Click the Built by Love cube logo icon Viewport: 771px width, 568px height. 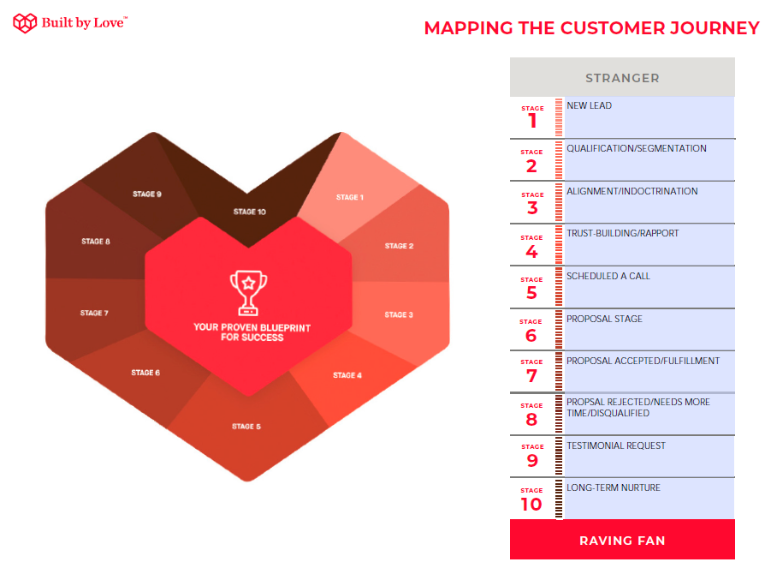[25, 22]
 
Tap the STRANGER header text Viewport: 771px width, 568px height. [622, 78]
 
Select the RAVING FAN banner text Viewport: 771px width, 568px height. [622, 541]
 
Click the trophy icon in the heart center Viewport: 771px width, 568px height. [249, 292]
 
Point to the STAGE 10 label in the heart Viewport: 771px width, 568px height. [249, 212]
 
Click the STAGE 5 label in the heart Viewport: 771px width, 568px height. [246, 427]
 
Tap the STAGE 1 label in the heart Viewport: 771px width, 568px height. [350, 197]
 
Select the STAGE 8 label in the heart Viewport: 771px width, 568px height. [95, 242]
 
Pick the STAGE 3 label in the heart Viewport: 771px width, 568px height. [399, 314]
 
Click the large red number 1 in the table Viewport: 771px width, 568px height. [532, 121]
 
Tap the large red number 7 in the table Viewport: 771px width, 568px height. [531, 376]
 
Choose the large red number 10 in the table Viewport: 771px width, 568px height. [531, 504]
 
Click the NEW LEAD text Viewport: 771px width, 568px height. [589, 105]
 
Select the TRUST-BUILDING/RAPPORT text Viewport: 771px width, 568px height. [622, 233]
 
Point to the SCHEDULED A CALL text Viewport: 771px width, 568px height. [608, 276]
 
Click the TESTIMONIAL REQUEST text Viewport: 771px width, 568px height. [616, 445]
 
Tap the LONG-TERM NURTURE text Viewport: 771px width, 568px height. [614, 487]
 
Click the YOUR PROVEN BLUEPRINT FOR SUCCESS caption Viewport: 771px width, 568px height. [252, 332]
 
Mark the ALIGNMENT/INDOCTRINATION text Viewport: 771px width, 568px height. [632, 191]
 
